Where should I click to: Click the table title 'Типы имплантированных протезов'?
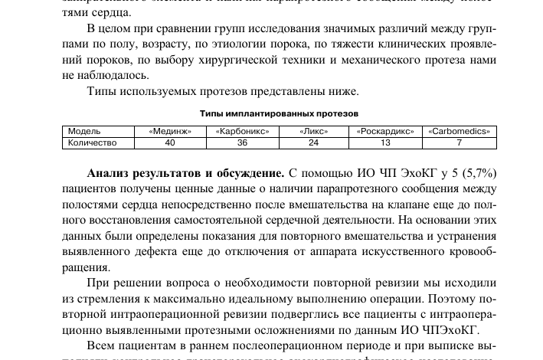click(x=279, y=113)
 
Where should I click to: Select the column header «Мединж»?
click(x=170, y=131)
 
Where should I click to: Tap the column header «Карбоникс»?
click(x=242, y=131)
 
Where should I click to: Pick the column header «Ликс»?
click(x=313, y=131)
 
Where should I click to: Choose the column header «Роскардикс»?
click(x=385, y=131)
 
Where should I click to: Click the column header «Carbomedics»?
click(x=459, y=131)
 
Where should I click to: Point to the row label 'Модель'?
click(x=84, y=131)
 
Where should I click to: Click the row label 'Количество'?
click(x=92, y=142)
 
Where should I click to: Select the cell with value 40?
click(x=170, y=142)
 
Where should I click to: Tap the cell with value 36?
click(x=242, y=142)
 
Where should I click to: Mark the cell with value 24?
click(x=313, y=142)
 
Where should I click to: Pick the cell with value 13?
click(x=385, y=142)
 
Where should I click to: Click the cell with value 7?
click(x=459, y=142)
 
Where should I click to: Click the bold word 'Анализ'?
click(x=110, y=173)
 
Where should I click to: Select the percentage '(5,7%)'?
click(x=476, y=173)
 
